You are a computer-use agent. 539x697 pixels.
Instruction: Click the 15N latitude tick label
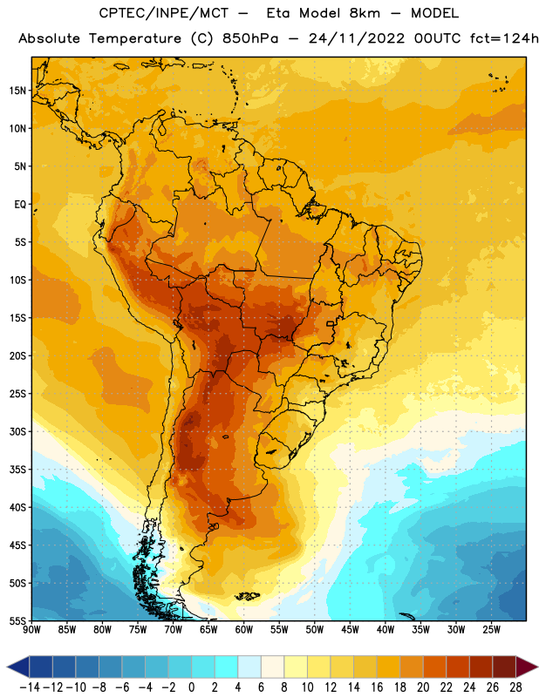[17, 91]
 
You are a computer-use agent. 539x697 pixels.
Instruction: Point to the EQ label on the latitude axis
[20, 205]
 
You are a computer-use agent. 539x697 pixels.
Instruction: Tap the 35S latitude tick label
[17, 470]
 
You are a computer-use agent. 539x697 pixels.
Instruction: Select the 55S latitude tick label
[17, 620]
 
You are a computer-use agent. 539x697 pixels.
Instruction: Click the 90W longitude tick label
[31, 629]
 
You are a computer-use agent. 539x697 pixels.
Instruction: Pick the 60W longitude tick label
[244, 629]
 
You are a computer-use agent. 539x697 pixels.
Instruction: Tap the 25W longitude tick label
[491, 629]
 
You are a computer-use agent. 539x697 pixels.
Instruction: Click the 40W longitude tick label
[385, 629]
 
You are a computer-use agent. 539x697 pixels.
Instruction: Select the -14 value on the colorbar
[30, 687]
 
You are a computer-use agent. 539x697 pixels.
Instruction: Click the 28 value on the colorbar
[515, 687]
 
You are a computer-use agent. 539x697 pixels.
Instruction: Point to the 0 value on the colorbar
[192, 687]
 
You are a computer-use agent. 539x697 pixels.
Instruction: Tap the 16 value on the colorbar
[377, 687]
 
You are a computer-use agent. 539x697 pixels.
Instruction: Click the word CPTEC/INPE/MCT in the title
[164, 13]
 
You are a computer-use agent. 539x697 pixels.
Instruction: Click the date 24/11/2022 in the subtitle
[357, 38]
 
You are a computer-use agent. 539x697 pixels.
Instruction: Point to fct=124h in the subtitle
[504, 38]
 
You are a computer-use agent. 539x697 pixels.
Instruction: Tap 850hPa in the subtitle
[250, 38]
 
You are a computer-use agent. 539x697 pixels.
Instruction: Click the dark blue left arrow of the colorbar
[18, 667]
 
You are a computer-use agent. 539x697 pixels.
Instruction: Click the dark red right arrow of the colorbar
[527, 667]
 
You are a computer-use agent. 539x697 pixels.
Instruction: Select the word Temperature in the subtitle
[135, 39]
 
